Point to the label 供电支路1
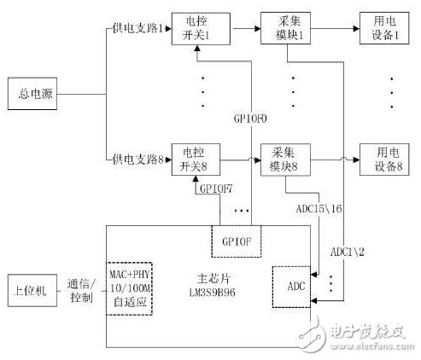(134, 30)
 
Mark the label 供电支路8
(134, 160)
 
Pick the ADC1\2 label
(347, 250)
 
